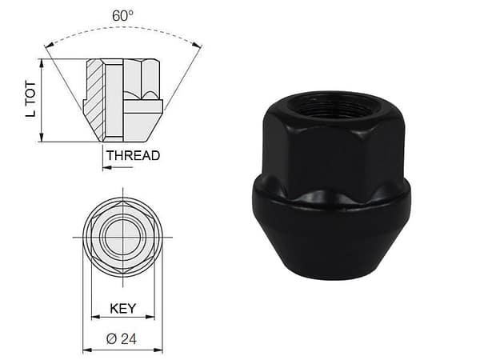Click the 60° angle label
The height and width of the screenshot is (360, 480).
click(122, 16)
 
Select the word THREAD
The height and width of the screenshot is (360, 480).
click(134, 155)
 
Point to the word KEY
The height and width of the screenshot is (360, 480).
click(122, 307)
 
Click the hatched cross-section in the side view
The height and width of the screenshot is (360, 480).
click(94, 96)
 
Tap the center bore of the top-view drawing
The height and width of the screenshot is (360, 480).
click(122, 237)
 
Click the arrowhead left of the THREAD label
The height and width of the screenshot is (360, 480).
click(105, 167)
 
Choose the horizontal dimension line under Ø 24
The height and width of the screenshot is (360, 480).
click(122, 350)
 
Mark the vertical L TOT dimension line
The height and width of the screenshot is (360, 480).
click(42, 100)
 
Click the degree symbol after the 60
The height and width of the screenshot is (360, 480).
click(132, 12)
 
